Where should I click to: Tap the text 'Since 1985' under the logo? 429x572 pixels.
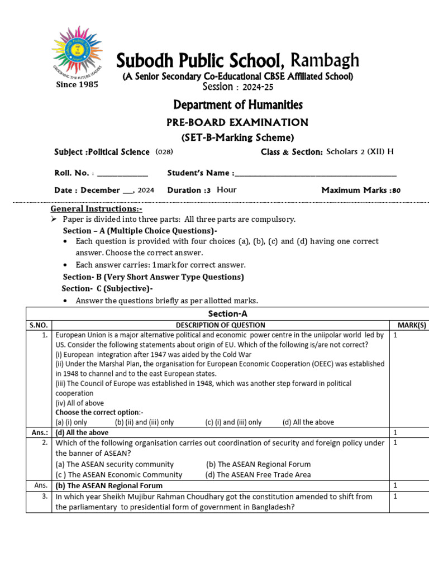tap(77, 84)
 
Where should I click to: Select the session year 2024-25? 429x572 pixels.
tap(258, 87)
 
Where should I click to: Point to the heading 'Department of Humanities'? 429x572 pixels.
tap(238, 104)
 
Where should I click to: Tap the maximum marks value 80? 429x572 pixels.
tap(396, 190)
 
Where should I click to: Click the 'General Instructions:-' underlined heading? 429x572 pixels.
tap(92, 208)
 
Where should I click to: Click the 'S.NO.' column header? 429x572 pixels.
tap(39, 325)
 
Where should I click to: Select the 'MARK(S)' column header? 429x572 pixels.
tap(412, 325)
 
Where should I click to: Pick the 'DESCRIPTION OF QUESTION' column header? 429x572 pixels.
tap(221, 325)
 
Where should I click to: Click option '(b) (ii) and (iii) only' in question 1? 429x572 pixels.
tap(144, 422)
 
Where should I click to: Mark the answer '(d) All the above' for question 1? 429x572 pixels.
tap(82, 432)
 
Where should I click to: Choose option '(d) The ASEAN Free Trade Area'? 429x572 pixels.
tap(258, 475)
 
